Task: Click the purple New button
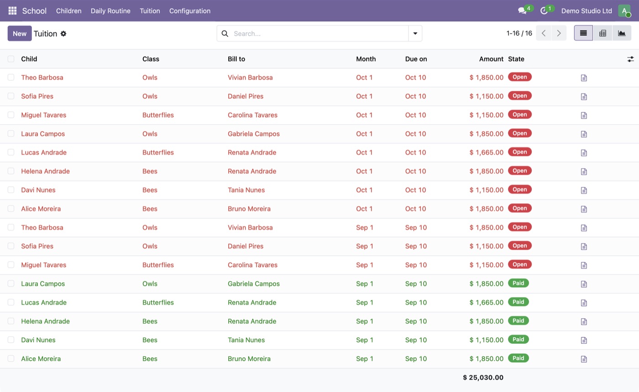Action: coord(19,33)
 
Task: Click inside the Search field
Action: coord(319,34)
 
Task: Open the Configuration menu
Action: coord(190,11)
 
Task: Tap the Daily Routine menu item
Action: coord(110,11)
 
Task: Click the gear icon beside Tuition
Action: coord(63,34)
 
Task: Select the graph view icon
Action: coord(622,33)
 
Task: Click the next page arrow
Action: coord(559,33)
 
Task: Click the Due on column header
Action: coord(416,59)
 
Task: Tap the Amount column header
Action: coord(491,59)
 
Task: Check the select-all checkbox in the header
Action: coord(11,59)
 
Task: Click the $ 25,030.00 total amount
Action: coord(483,377)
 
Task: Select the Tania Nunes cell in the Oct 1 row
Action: coord(246,190)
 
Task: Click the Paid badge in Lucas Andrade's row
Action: coord(518,302)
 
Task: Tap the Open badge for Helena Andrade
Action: coord(519,170)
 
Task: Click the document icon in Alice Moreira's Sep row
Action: coord(584,359)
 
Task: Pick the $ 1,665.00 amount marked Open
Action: coord(487,152)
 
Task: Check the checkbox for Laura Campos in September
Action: coord(11,284)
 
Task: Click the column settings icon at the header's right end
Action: coord(630,59)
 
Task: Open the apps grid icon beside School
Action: coord(12,11)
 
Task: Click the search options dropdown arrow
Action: coord(415,34)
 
